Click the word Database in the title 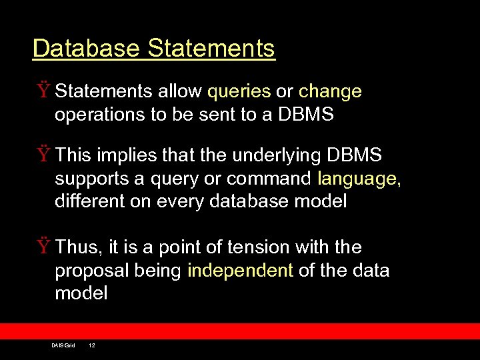[x=86, y=49]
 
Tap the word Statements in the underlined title [x=211, y=49]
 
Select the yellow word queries [x=239, y=91]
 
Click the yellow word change [x=330, y=91]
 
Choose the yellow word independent [x=240, y=271]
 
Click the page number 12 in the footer [x=92, y=345]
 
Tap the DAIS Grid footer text [x=63, y=345]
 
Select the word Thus [x=77, y=248]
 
